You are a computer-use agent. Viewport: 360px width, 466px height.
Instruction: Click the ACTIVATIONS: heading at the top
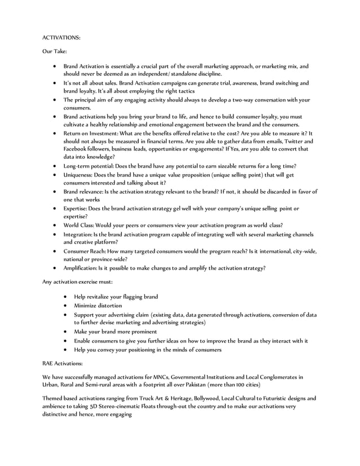(x=62, y=38)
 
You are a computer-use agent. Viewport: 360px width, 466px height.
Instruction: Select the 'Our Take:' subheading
(x=55, y=51)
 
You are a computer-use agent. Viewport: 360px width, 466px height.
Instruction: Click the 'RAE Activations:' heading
(x=63, y=363)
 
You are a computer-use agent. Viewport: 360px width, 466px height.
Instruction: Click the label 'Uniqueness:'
(x=79, y=175)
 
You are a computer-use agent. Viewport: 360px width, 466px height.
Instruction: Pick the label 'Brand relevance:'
(x=84, y=191)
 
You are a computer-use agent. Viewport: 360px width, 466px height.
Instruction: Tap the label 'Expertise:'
(x=76, y=208)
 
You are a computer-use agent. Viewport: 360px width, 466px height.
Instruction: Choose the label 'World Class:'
(x=79, y=225)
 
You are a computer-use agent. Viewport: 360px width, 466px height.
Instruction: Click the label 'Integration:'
(x=78, y=234)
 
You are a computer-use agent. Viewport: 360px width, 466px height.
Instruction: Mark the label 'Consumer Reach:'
(x=86, y=250)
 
